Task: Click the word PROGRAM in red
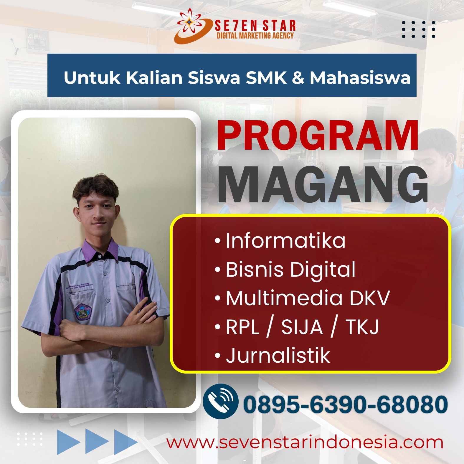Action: coord(318,136)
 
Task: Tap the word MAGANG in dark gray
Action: coord(323,185)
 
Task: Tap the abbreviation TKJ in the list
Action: coord(362,327)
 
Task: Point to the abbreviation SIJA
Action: coord(302,327)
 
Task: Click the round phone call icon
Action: coord(220,401)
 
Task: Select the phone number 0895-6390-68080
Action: coord(345,404)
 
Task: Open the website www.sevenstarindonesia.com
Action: coord(305,442)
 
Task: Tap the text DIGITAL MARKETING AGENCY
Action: coord(255,36)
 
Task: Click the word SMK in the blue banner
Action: coord(266,78)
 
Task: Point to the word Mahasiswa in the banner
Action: coord(360,78)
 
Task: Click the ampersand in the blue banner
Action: coord(298,78)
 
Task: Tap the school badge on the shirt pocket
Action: coord(83,312)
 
